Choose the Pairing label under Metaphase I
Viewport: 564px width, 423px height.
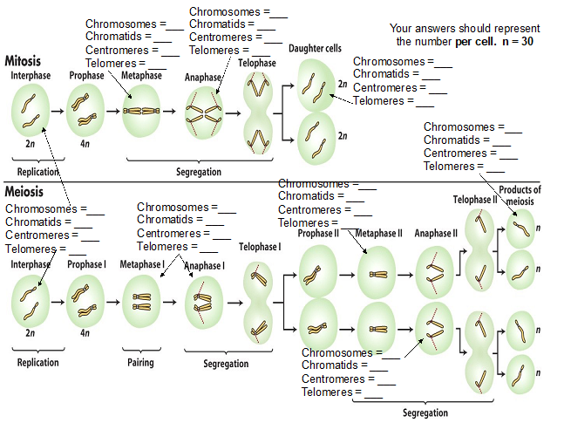click(x=139, y=363)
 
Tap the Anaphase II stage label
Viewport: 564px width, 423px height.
click(x=435, y=233)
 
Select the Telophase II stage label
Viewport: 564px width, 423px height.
click(x=475, y=200)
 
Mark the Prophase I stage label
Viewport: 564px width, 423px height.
click(x=85, y=265)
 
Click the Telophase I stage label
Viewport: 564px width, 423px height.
click(x=260, y=247)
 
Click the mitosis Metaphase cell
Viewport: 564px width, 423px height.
click(x=142, y=112)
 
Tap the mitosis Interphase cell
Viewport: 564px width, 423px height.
click(x=31, y=110)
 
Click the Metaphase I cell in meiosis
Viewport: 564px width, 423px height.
click(x=142, y=302)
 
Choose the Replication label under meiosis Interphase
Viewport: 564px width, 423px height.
click(x=37, y=363)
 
